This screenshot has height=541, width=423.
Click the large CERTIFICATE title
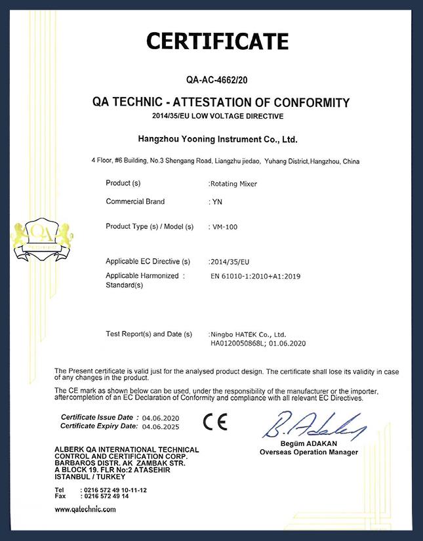click(217, 41)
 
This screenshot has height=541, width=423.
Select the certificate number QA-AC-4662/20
click(216, 81)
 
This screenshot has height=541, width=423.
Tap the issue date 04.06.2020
click(159, 418)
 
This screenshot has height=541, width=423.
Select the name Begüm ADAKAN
click(308, 445)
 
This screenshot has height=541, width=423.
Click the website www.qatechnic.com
click(86, 509)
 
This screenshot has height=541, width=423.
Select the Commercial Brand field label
click(135, 202)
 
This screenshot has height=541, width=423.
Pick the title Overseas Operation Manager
click(308, 452)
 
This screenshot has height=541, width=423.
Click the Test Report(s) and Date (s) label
click(148, 334)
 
